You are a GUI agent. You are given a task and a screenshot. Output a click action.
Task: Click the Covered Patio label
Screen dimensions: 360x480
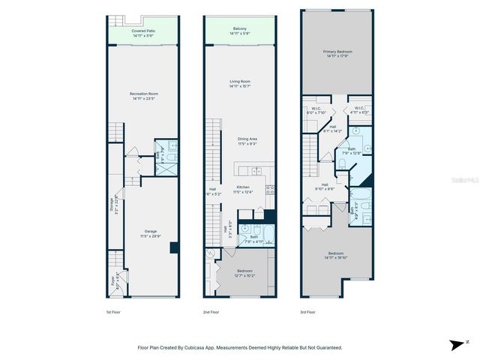click(x=142, y=31)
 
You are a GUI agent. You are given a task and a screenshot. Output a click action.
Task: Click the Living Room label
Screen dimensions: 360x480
click(x=239, y=82)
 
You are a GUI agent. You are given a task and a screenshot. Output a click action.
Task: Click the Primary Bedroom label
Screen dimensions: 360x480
click(x=337, y=52)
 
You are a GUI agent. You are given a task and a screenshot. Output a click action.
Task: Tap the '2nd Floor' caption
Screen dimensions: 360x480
click(x=211, y=312)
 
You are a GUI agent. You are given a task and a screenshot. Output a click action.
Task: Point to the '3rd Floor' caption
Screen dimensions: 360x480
click(x=308, y=312)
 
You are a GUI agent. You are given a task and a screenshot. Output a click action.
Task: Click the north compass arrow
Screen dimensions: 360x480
click(x=456, y=345)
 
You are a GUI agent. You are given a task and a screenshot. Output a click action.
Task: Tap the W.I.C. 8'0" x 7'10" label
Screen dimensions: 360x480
click(x=316, y=111)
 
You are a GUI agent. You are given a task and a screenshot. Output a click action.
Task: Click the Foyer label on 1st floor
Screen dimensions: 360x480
click(x=114, y=281)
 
